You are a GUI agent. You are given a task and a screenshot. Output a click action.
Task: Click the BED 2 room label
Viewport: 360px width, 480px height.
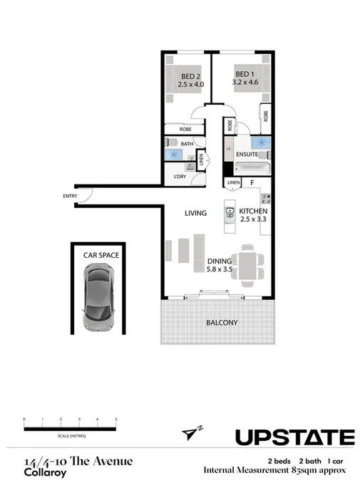[x=190, y=75]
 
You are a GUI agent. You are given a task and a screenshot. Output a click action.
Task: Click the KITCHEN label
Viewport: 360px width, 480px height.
[x=252, y=212]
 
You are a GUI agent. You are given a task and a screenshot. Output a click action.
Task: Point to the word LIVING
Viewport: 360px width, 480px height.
[x=195, y=213]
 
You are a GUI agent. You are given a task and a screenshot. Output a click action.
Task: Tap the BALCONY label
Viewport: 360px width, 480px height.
[x=222, y=323]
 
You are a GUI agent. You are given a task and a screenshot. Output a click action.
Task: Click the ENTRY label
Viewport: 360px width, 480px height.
[x=70, y=196]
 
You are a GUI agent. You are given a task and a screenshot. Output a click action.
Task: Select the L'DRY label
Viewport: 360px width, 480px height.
[x=180, y=176]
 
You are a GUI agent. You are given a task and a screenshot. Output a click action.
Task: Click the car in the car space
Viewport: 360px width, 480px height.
[x=98, y=299]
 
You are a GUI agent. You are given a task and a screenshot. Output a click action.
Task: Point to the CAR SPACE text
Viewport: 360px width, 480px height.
[x=101, y=254]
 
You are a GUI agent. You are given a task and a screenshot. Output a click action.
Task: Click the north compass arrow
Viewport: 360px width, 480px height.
[x=188, y=433]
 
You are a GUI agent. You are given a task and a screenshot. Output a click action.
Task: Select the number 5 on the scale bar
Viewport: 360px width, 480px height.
[x=115, y=419]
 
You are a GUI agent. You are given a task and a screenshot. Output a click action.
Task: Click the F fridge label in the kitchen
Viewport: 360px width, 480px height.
[x=252, y=183]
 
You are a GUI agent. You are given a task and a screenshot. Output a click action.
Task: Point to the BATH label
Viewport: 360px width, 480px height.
[x=187, y=144]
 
